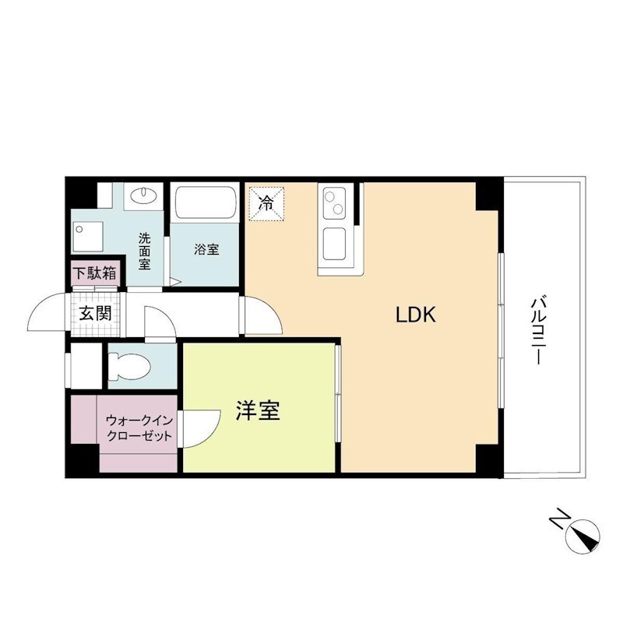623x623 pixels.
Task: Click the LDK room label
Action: click(x=420, y=315)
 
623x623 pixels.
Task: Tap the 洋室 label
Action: click(x=258, y=411)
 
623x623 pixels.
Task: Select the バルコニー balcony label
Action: click(x=537, y=330)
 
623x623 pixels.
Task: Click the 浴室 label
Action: click(x=206, y=249)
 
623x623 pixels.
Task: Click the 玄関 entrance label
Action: click(x=94, y=314)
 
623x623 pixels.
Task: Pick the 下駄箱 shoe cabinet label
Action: click(x=95, y=273)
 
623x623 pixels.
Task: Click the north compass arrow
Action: click(x=583, y=537)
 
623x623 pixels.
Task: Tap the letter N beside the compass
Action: click(x=558, y=519)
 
